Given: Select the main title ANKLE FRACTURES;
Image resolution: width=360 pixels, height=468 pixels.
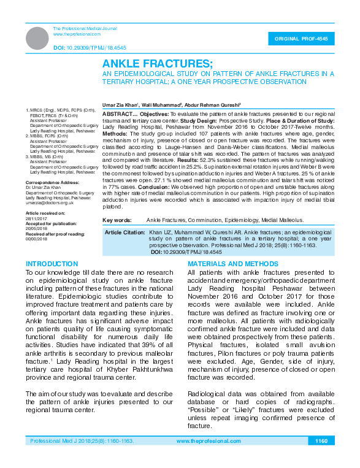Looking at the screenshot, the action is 158,64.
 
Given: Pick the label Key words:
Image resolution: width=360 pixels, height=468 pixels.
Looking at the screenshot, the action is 117,237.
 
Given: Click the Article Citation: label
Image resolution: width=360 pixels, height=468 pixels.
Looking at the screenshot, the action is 124,250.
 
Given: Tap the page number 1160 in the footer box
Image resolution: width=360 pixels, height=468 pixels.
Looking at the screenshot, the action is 321,441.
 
